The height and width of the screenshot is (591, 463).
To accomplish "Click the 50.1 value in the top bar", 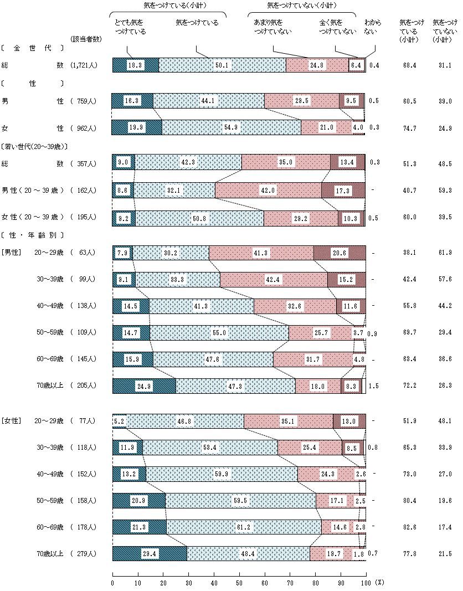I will (222, 65).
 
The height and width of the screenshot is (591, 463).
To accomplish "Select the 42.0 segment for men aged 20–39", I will (268, 190).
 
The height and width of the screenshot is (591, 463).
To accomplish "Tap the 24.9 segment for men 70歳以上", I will (143, 386).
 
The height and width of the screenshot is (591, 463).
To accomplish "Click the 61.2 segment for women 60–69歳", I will (244, 527).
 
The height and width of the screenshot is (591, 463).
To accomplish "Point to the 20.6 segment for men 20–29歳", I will (339, 253).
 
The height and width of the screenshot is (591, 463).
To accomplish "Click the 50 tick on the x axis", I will (239, 583).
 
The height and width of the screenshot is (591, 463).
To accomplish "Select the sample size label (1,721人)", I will (84, 65).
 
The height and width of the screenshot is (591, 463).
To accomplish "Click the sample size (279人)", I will (84, 554).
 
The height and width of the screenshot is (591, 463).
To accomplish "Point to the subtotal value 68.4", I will (411, 65).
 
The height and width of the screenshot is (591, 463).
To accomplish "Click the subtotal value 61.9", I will (445, 253).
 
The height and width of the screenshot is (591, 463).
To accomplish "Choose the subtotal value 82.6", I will (411, 527).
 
